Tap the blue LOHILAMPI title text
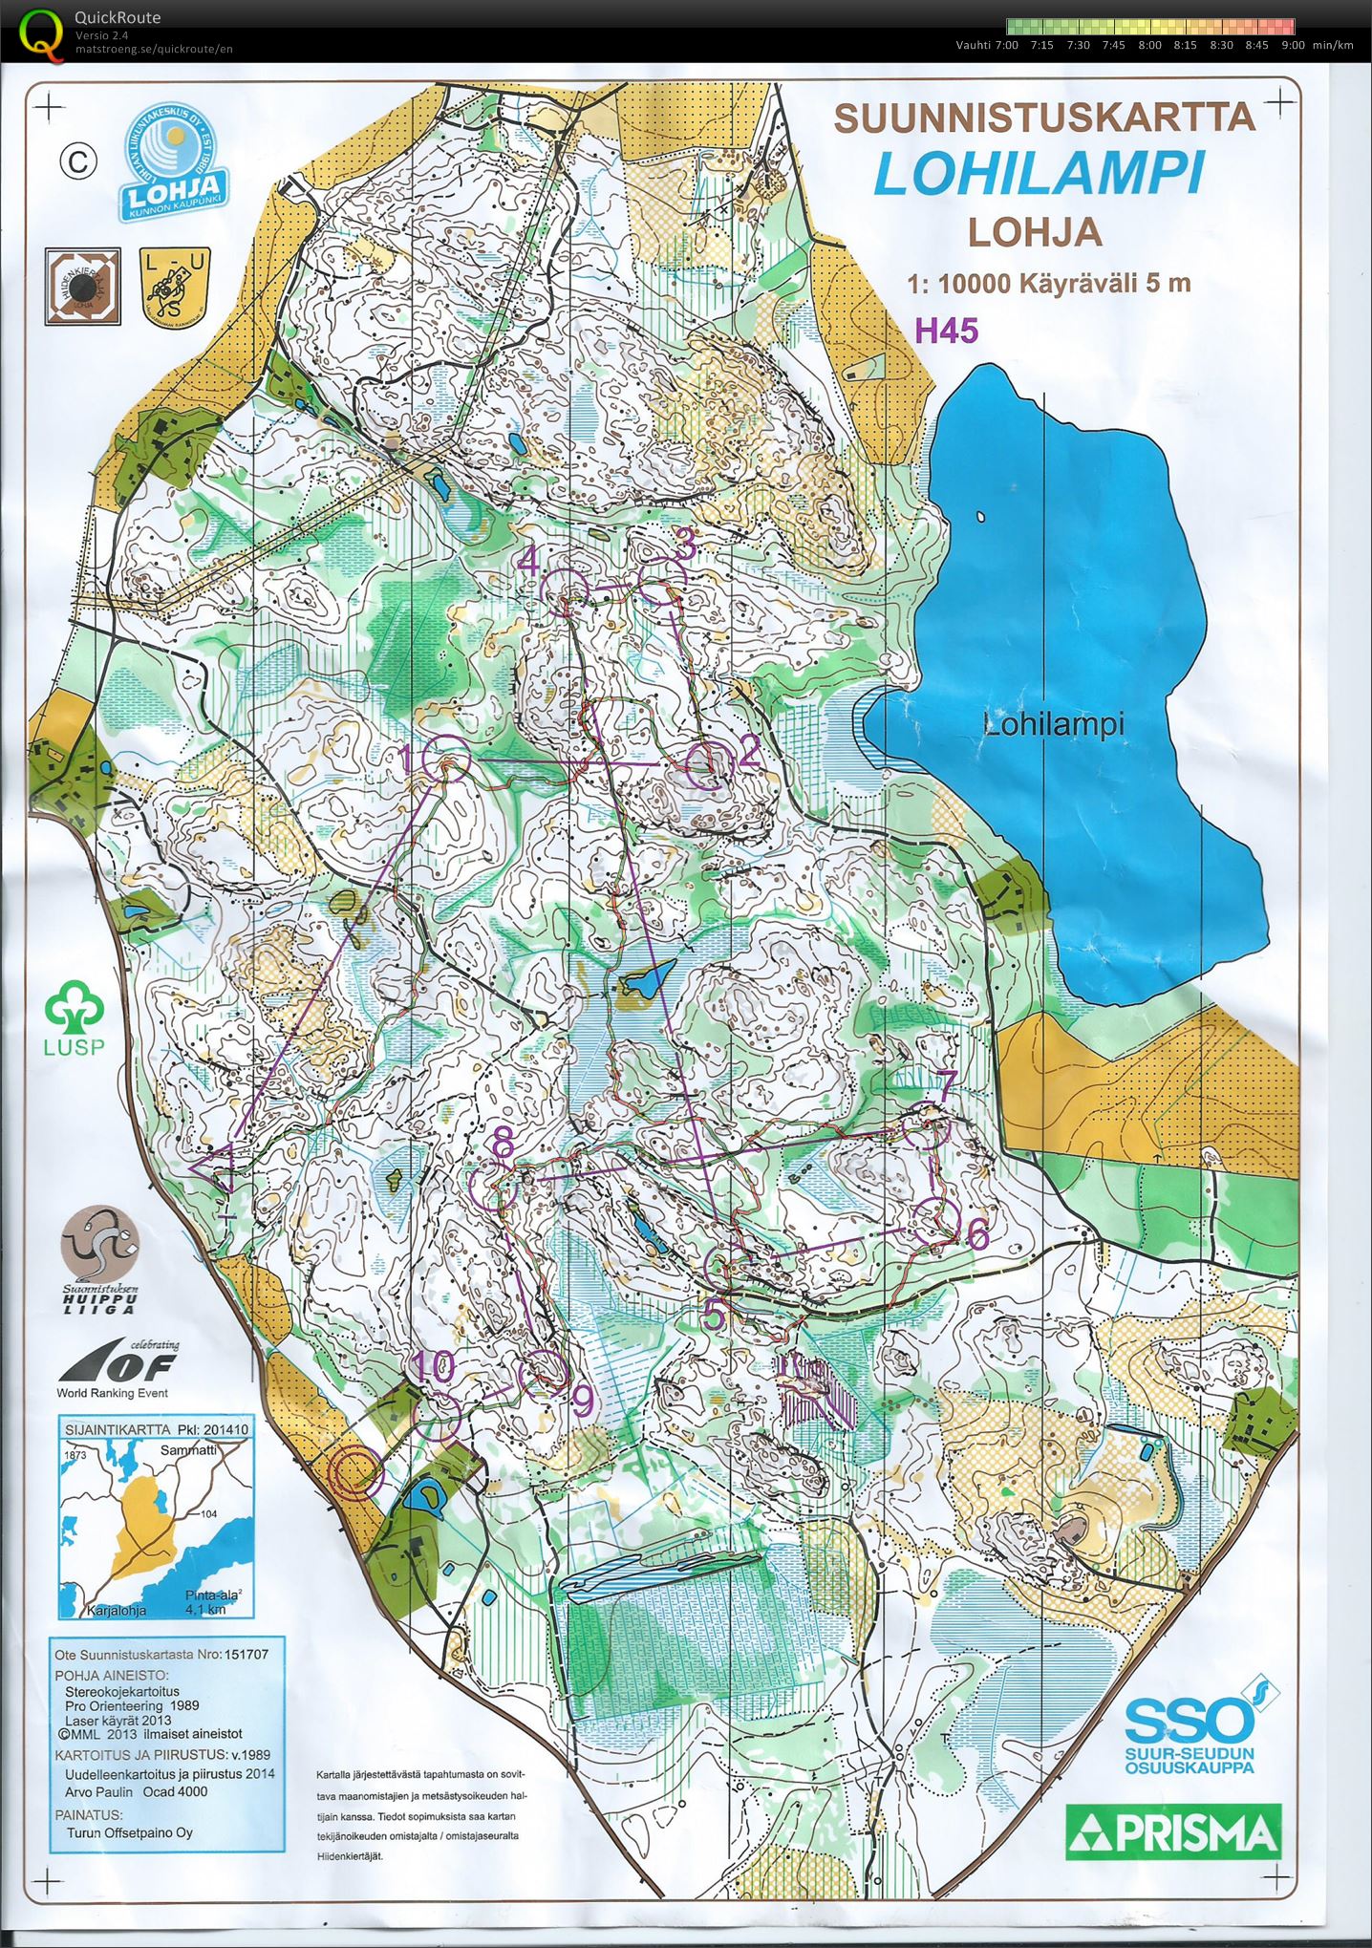point(1039,175)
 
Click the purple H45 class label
point(947,331)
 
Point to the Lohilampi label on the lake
point(1054,724)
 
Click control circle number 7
point(927,1124)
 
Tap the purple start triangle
point(218,1167)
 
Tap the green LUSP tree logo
point(75,1017)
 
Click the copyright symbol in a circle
point(78,161)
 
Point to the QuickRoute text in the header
point(118,17)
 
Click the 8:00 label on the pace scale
point(1149,45)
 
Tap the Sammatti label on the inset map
point(187,1449)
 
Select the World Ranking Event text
point(112,1393)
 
